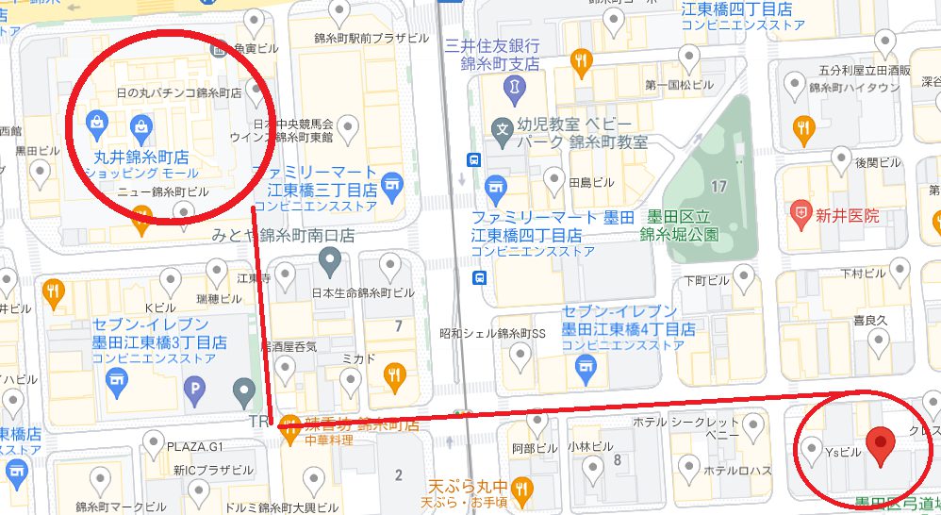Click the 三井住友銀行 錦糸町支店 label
pyautogui.click(x=492, y=56)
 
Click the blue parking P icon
pyautogui.click(x=195, y=387)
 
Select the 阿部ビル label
pyautogui.click(x=529, y=448)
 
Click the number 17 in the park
pyautogui.click(x=719, y=187)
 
